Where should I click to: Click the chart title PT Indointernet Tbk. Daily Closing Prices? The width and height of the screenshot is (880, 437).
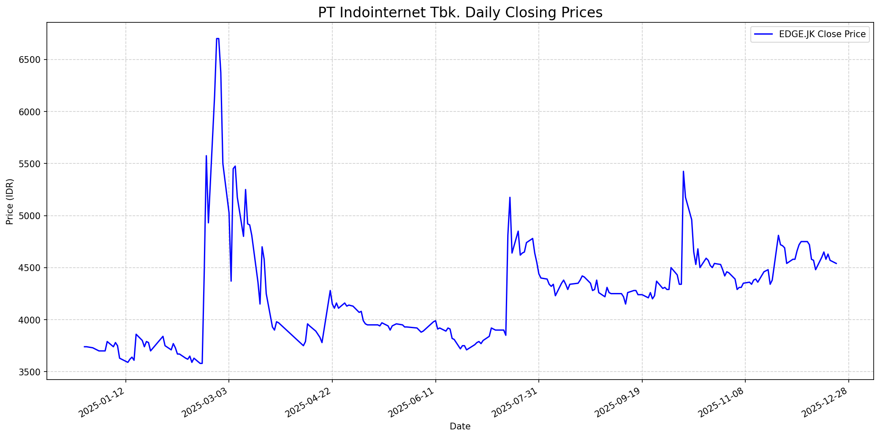coord(460,13)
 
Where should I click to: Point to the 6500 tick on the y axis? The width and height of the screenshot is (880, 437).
coord(32,60)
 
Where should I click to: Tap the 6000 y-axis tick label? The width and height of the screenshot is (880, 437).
coord(32,112)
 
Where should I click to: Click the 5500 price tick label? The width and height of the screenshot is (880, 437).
coord(32,164)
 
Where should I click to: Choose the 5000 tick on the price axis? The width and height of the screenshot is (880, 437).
coord(32,216)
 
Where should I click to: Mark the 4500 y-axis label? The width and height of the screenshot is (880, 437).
coord(32,268)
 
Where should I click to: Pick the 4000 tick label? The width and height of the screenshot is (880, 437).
coord(32,320)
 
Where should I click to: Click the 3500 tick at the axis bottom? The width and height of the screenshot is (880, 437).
coord(32,372)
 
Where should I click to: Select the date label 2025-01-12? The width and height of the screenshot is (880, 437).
coord(102,403)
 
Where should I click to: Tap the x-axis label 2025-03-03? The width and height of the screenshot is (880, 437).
coord(205,403)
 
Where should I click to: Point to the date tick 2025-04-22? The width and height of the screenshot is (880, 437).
coord(309,403)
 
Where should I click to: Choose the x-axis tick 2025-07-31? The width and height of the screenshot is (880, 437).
coord(515,403)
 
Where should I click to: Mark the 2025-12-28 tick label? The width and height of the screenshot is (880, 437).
coord(825,403)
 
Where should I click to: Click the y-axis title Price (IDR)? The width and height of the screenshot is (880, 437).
coord(10,201)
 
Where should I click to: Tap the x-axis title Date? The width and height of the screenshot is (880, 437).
coord(460,426)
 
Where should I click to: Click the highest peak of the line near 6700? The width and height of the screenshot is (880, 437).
coord(217,39)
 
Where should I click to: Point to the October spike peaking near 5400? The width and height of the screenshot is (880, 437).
coord(683,171)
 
